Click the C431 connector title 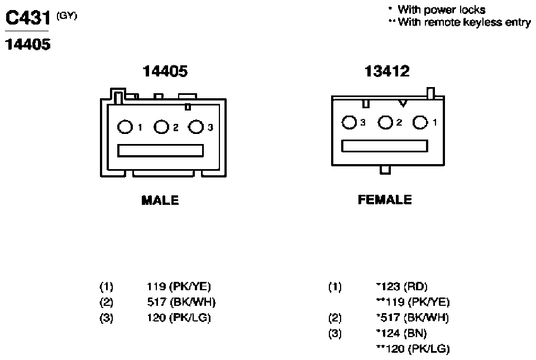[28, 18]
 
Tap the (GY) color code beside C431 [67, 16]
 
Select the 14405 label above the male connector [165, 71]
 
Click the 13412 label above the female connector [387, 71]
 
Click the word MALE [160, 200]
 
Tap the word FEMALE [385, 200]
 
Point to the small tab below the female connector [385, 170]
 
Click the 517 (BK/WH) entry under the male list [181, 302]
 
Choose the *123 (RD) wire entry [401, 286]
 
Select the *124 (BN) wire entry [401, 333]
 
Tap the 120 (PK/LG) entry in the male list [179, 318]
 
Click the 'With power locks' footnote [438, 9]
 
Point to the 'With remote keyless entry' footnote [460, 22]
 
